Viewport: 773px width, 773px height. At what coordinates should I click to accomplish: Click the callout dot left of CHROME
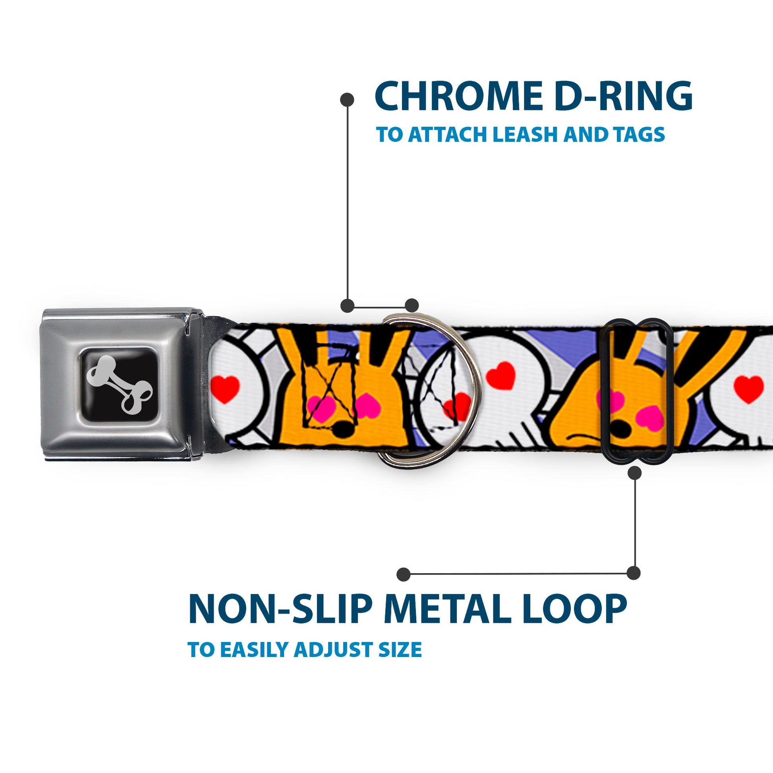click(x=346, y=100)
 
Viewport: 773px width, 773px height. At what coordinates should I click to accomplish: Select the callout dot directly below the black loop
click(x=634, y=473)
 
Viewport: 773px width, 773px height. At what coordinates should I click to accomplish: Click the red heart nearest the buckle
click(x=225, y=388)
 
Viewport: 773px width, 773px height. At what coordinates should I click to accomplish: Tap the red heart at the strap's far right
click(x=749, y=388)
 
